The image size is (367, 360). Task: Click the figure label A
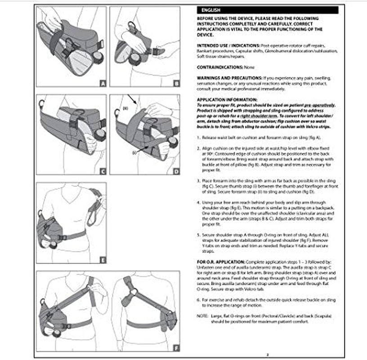[x=103, y=83]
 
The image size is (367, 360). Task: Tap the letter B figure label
[x=176, y=83]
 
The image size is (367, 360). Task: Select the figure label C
[x=103, y=171]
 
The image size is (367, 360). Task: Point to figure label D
[x=176, y=171]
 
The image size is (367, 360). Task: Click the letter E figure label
[x=103, y=260]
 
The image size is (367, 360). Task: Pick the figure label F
[x=176, y=347]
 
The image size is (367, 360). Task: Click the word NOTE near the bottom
[x=202, y=315]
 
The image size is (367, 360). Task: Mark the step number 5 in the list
[x=198, y=234]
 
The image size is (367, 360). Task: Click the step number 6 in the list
[x=198, y=299]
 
